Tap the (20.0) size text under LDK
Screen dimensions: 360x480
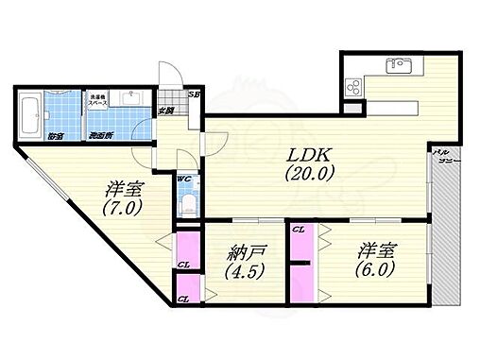[307, 175]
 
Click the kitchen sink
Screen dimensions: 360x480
[396, 68]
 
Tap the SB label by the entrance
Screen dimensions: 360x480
[194, 94]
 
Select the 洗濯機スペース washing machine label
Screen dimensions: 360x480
[98, 100]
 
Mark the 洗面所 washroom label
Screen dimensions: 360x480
[101, 136]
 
